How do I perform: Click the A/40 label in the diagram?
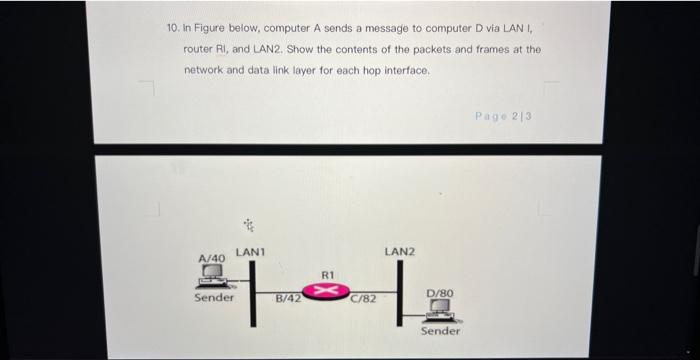tap(211, 258)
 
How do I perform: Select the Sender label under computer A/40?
tap(214, 297)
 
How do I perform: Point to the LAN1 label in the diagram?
tap(249, 249)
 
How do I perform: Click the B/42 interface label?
tap(289, 297)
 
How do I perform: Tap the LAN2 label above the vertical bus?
tap(400, 250)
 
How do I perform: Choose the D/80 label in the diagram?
tap(440, 293)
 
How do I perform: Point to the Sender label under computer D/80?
tap(440, 331)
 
